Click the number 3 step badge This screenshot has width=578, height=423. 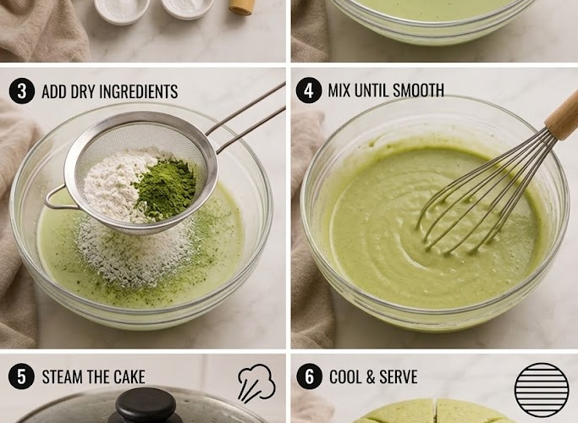[x=22, y=91]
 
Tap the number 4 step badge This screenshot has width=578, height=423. [x=309, y=91]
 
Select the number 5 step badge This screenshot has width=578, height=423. [x=21, y=376]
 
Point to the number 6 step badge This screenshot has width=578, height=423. [x=309, y=376]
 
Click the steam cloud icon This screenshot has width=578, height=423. [x=256, y=383]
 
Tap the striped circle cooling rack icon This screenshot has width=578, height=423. [x=542, y=390]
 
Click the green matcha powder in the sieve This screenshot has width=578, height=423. [x=166, y=189]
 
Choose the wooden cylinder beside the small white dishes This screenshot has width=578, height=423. [x=242, y=7]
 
